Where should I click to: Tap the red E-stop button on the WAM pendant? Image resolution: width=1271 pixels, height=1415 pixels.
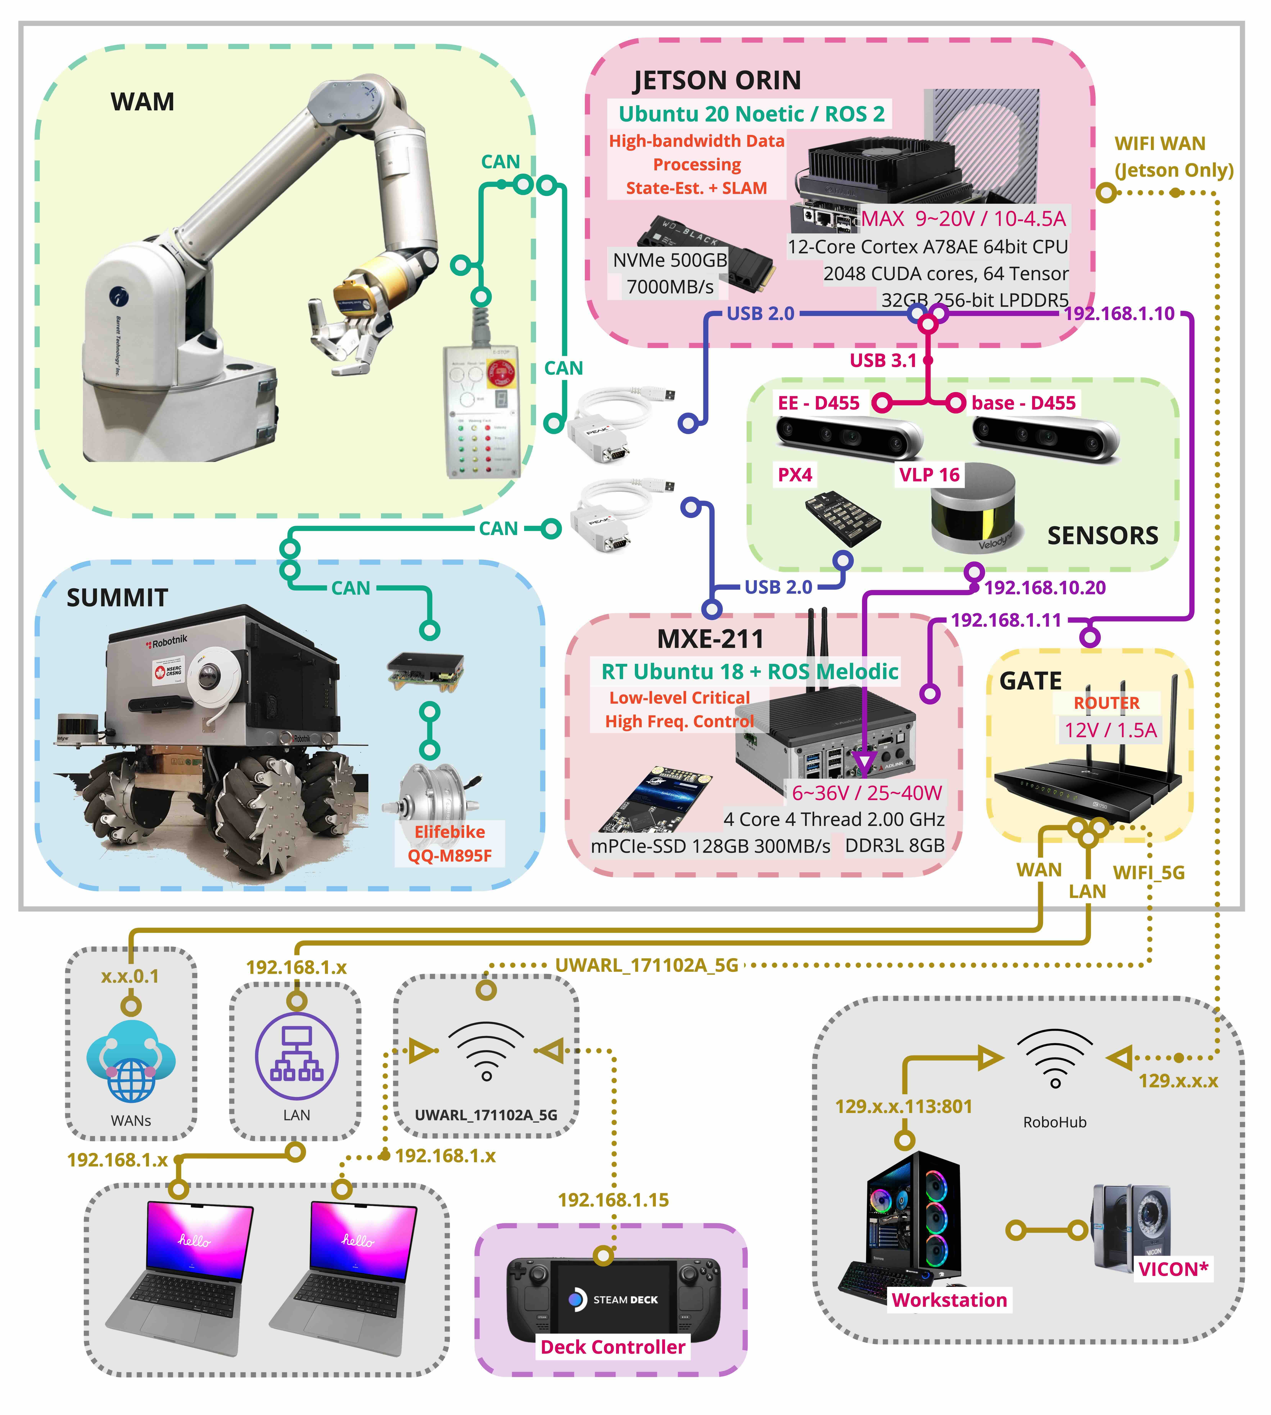tap(502, 374)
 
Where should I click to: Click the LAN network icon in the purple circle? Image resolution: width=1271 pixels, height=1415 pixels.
tap(297, 1056)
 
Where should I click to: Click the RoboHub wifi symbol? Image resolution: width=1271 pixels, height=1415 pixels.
tap(1055, 1058)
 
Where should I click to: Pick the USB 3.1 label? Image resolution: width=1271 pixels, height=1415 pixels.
tap(883, 360)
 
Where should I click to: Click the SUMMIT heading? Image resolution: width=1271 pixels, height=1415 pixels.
tap(117, 598)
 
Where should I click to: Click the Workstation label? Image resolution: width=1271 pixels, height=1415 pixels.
tap(949, 1300)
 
